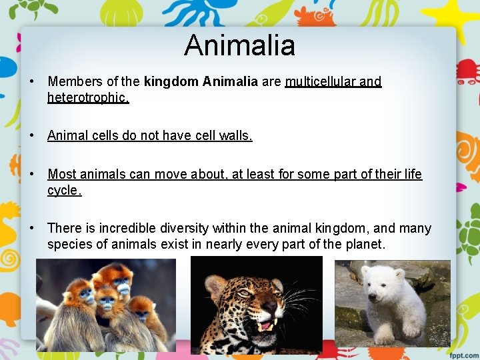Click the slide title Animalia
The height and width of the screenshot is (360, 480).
click(239, 45)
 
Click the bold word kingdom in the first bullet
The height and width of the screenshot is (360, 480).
click(171, 82)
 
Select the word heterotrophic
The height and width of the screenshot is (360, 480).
click(87, 97)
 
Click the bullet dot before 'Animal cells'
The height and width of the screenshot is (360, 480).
click(32, 136)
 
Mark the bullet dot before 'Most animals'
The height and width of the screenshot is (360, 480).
click(32, 175)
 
